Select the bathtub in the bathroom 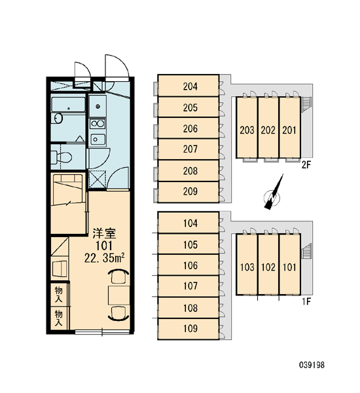point(68,104)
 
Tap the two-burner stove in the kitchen point(98,124)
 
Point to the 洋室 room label point(104,233)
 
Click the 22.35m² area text point(104,258)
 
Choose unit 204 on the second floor point(189,85)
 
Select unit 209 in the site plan point(189,191)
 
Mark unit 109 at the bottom point(189,329)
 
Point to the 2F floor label point(306,165)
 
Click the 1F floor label point(306,301)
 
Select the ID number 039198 point(312,365)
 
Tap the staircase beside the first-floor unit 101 point(306,251)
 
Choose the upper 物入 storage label point(59,295)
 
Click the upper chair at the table point(118,276)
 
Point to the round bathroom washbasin point(58,119)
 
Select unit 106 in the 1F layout point(189,265)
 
